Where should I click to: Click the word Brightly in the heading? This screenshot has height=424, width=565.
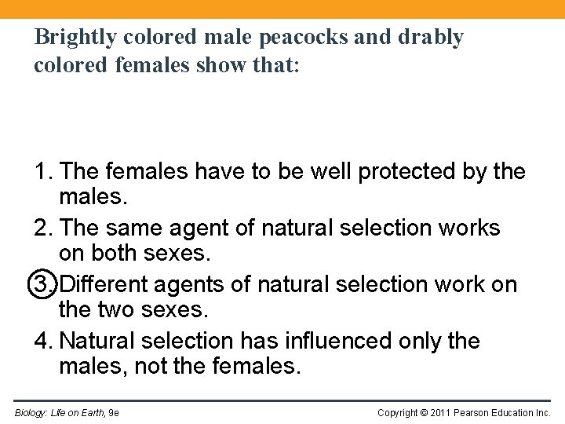74,37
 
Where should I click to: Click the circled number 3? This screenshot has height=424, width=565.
44,283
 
